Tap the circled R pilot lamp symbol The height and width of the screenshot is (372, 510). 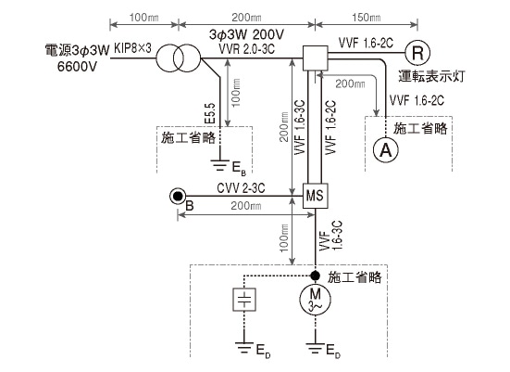(x=419, y=52)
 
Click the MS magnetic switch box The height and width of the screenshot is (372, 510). (x=315, y=197)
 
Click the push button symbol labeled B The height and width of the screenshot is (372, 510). (x=177, y=197)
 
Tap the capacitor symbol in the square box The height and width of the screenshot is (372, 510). (x=243, y=301)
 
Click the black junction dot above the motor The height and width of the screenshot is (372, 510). (x=315, y=276)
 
